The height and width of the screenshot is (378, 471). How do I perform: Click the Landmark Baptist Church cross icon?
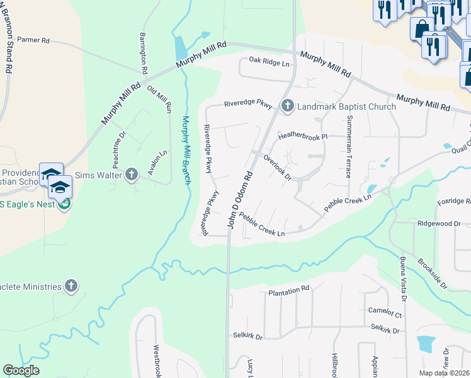[287, 105]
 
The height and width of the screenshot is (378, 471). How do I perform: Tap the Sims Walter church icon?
[132, 173]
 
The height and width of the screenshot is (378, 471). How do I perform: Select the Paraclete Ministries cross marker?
[71, 286]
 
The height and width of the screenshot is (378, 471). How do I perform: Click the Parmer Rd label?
[33, 40]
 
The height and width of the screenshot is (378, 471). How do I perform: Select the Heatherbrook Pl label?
[304, 135]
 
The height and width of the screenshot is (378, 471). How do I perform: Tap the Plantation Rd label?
[289, 290]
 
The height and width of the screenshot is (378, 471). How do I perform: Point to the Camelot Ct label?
[384, 312]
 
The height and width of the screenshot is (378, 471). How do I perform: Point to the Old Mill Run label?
[159, 100]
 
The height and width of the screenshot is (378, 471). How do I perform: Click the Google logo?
[21, 370]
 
